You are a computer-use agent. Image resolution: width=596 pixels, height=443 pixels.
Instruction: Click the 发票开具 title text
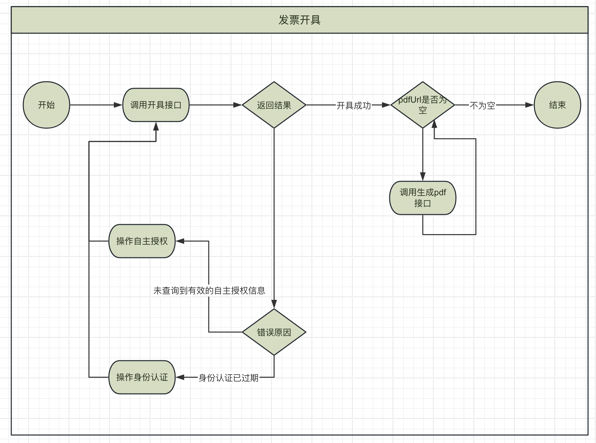[x=299, y=20]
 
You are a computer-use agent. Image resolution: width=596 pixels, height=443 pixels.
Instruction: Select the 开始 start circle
[x=46, y=105]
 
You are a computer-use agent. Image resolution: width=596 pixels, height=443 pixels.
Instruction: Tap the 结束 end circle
[x=557, y=105]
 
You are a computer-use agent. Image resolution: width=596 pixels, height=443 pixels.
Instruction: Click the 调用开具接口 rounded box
[x=156, y=105]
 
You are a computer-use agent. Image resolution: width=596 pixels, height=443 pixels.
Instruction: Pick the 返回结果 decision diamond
[x=274, y=105]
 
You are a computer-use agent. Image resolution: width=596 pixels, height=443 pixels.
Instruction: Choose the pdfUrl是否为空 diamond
[x=422, y=105]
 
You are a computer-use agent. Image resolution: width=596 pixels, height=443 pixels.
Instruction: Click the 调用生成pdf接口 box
[x=422, y=198]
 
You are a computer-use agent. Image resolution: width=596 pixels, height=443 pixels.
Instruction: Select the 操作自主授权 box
[x=142, y=241]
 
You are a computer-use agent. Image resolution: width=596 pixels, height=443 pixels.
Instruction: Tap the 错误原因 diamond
[x=274, y=332]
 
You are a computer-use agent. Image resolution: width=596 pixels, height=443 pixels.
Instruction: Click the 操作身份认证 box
[x=142, y=377]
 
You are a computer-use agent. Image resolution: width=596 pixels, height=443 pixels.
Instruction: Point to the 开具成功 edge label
[x=354, y=106]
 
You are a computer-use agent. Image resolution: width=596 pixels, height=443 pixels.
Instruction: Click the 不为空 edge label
[x=483, y=106]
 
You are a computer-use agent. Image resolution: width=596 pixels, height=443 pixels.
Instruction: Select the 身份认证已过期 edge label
[x=228, y=378]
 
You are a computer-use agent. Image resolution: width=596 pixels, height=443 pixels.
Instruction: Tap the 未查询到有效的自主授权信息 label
[x=209, y=291]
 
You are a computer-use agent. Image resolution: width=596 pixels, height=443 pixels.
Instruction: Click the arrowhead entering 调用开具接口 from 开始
[x=118, y=105]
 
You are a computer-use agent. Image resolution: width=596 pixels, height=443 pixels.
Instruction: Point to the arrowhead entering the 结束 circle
[x=530, y=105]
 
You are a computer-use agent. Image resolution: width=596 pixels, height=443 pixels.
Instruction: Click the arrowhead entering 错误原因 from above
[x=274, y=305]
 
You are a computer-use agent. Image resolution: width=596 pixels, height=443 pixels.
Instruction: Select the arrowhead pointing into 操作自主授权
[x=180, y=241]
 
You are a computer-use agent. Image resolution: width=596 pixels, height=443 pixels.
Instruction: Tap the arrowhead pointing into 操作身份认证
[x=180, y=377]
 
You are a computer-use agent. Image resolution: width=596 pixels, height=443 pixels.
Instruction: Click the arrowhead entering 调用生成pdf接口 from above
[x=422, y=177]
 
